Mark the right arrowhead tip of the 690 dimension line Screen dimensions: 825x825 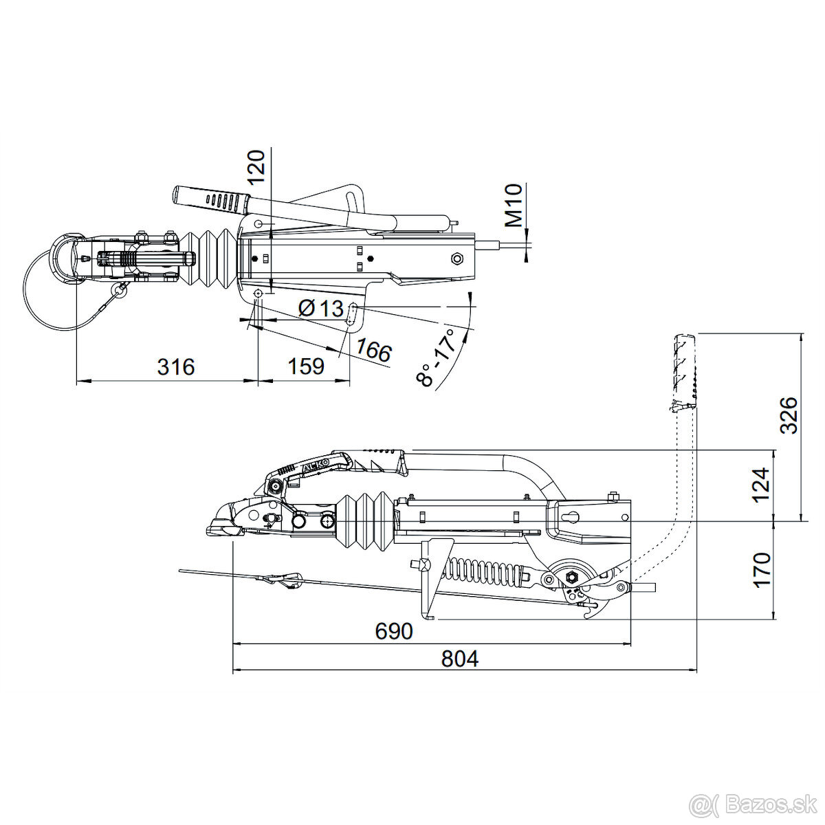click(631, 655)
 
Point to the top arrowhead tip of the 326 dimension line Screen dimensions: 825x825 click(801, 333)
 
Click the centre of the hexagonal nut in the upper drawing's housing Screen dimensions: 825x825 click(458, 258)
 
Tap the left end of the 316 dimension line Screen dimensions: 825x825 click(76, 379)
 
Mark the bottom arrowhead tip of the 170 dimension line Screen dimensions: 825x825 click(774, 619)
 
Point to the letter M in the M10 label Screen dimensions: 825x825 click(514, 219)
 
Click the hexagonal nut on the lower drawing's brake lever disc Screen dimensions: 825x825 click(571, 577)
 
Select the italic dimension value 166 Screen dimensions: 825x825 click(373, 351)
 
